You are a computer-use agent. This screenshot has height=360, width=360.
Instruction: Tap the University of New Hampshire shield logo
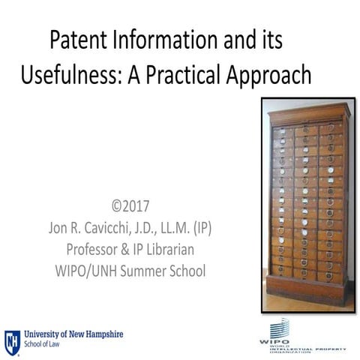pos(12,341)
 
